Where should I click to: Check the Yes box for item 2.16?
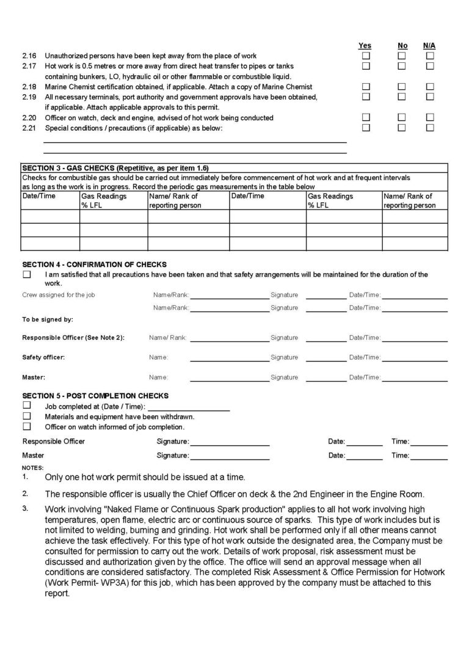pyautogui.click(x=366, y=56)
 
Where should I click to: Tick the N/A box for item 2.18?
pyautogui.click(x=430, y=87)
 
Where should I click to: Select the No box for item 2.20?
pyautogui.click(x=402, y=117)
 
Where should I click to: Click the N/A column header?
pyautogui.click(x=429, y=46)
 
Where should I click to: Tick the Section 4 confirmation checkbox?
pyautogui.click(x=27, y=275)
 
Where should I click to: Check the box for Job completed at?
pyautogui.click(x=27, y=405)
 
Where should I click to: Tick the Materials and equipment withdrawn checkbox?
pyautogui.click(x=27, y=415)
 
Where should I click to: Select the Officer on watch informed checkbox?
pyautogui.click(x=27, y=426)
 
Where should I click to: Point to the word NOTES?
pyautogui.click(x=33, y=467)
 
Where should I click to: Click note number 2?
pyautogui.click(x=25, y=492)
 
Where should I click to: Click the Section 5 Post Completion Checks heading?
pyautogui.click(x=95, y=396)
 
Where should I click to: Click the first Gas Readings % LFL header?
pyautogui.click(x=104, y=200)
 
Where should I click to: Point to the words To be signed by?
pyautogui.click(x=48, y=319)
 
